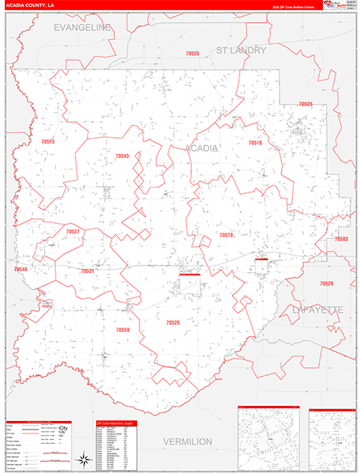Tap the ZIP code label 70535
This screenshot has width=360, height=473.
[193, 54]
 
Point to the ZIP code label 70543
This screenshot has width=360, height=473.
[121, 156]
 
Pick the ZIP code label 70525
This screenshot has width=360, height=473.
[306, 105]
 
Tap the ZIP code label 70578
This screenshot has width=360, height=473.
[226, 235]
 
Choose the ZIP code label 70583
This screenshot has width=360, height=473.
[341, 238]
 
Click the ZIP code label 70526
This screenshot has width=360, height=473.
[173, 322]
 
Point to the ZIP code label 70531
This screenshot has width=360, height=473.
[87, 271]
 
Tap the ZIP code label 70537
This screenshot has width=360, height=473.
[72, 232]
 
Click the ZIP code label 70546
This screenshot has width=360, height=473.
[20, 270]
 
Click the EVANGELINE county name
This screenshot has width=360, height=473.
[83, 27]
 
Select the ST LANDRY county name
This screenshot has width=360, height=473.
[242, 50]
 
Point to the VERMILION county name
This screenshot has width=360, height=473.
[188, 441]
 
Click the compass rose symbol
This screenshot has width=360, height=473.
[83, 459]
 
